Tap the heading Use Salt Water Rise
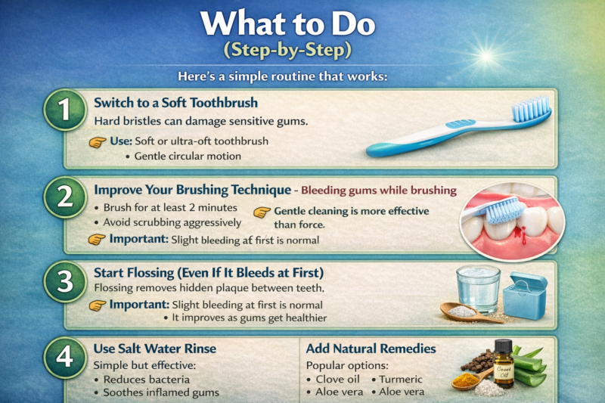tap(154, 349)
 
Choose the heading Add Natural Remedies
tap(371, 349)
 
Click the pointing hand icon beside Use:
tap(98, 141)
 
